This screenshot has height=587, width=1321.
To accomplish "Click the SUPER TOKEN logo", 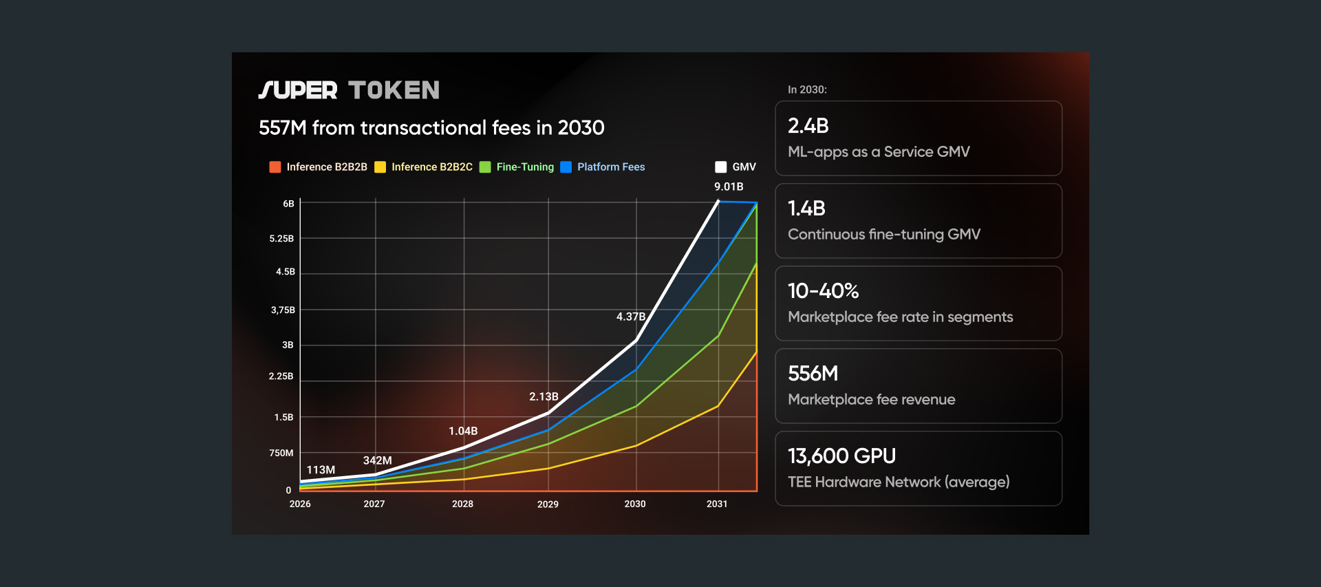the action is click(349, 90).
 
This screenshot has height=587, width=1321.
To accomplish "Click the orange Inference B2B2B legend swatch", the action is click(275, 167).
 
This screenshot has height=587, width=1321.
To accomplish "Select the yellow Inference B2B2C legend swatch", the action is click(380, 167).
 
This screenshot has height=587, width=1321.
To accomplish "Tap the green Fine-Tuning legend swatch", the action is click(485, 167).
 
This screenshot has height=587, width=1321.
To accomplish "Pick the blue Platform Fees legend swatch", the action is click(566, 167).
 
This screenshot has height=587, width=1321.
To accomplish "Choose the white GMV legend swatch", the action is click(721, 167).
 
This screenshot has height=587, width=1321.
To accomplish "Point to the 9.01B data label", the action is click(729, 186).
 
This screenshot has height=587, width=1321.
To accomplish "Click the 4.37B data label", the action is click(631, 317).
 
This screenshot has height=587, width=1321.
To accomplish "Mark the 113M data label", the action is click(321, 470).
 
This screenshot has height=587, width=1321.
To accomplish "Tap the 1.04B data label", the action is click(463, 431).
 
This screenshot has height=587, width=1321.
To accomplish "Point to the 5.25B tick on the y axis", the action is click(281, 239).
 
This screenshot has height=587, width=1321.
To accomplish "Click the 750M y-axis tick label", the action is click(281, 453).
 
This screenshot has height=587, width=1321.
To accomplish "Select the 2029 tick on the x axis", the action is click(548, 504).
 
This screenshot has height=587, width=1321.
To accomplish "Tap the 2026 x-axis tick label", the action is click(300, 504).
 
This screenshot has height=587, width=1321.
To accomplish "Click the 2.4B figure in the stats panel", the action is click(808, 126).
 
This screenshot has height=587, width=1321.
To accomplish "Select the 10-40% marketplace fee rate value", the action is click(824, 291).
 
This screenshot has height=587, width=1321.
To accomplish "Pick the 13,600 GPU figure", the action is click(842, 456).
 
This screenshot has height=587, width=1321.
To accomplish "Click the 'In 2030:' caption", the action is click(807, 89).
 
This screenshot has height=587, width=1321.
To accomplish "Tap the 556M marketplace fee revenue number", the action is click(813, 374).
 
